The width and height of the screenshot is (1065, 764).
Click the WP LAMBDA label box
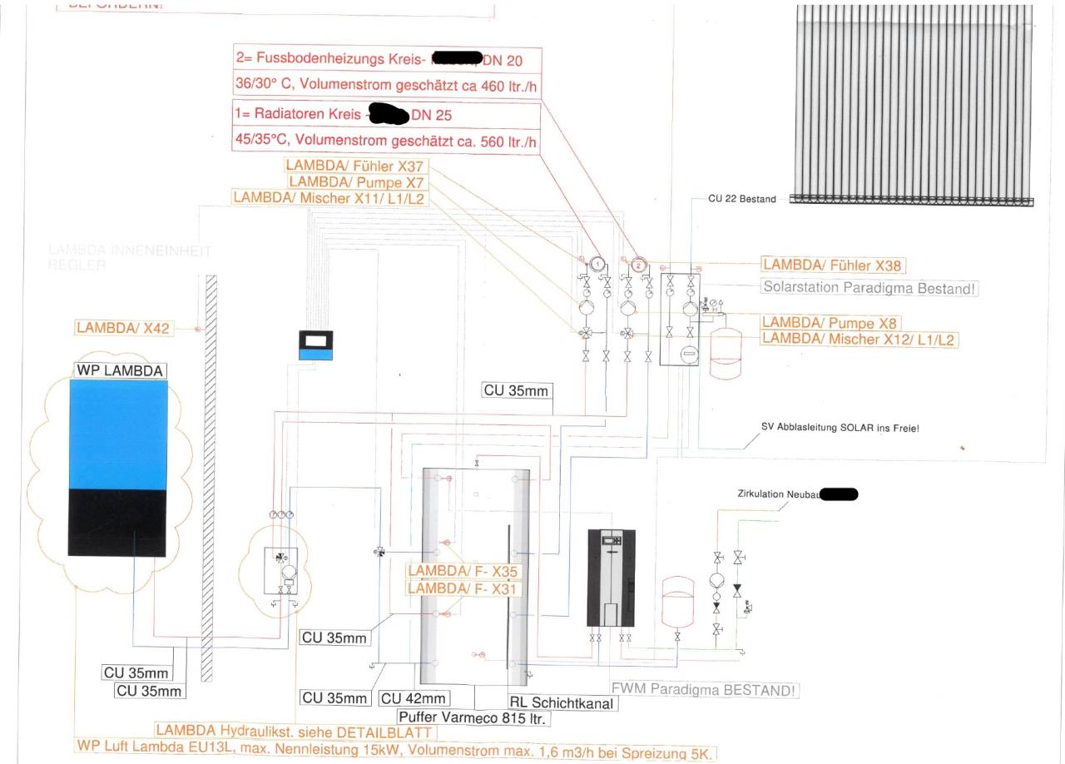pos(119,370)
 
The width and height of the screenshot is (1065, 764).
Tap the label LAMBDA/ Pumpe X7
pos(356,182)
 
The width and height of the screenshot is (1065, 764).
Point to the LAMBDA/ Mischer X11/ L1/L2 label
pos(329,198)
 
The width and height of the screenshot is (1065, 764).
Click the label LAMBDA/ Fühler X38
pos(833,265)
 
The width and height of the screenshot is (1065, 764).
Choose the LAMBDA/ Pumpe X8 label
pos(831,323)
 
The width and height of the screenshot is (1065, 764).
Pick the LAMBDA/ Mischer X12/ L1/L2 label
pos(859,339)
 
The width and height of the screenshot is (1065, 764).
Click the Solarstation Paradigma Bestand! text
pos(869,288)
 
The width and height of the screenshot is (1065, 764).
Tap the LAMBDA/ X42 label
pos(123,328)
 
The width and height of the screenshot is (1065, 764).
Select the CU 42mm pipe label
pos(414,698)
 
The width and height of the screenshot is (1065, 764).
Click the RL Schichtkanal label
pos(563,703)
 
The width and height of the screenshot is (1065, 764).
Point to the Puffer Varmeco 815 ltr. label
pos(472,717)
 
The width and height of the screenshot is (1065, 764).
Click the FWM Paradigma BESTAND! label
pos(705,690)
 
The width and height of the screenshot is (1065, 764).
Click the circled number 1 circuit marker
pos(597,264)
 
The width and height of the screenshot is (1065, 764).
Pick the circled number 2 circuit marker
pos(638,265)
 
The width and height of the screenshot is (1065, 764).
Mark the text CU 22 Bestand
pos(741,199)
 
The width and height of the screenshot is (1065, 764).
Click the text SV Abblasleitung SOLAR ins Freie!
pos(840,428)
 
